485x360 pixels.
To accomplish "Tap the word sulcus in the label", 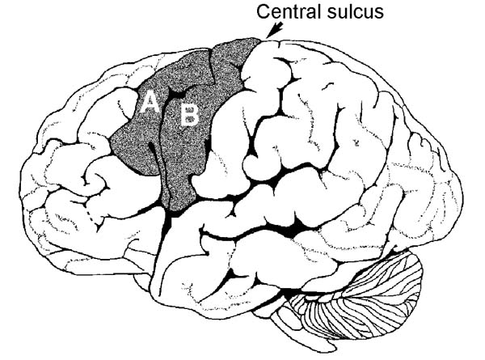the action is pyautogui.click(x=356, y=11).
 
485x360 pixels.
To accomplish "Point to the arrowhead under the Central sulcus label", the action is pyautogui.click(x=274, y=32).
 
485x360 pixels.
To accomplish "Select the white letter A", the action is pyautogui.click(x=150, y=103).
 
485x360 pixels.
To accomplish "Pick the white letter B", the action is pyautogui.click(x=189, y=116).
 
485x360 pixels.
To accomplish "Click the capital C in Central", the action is pyautogui.click(x=264, y=11).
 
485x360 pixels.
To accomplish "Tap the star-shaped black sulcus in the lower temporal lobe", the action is pyautogui.click(x=231, y=275).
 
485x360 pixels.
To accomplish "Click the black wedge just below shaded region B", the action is pyautogui.click(x=168, y=222).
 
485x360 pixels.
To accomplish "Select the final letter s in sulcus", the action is pyautogui.click(x=378, y=13).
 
